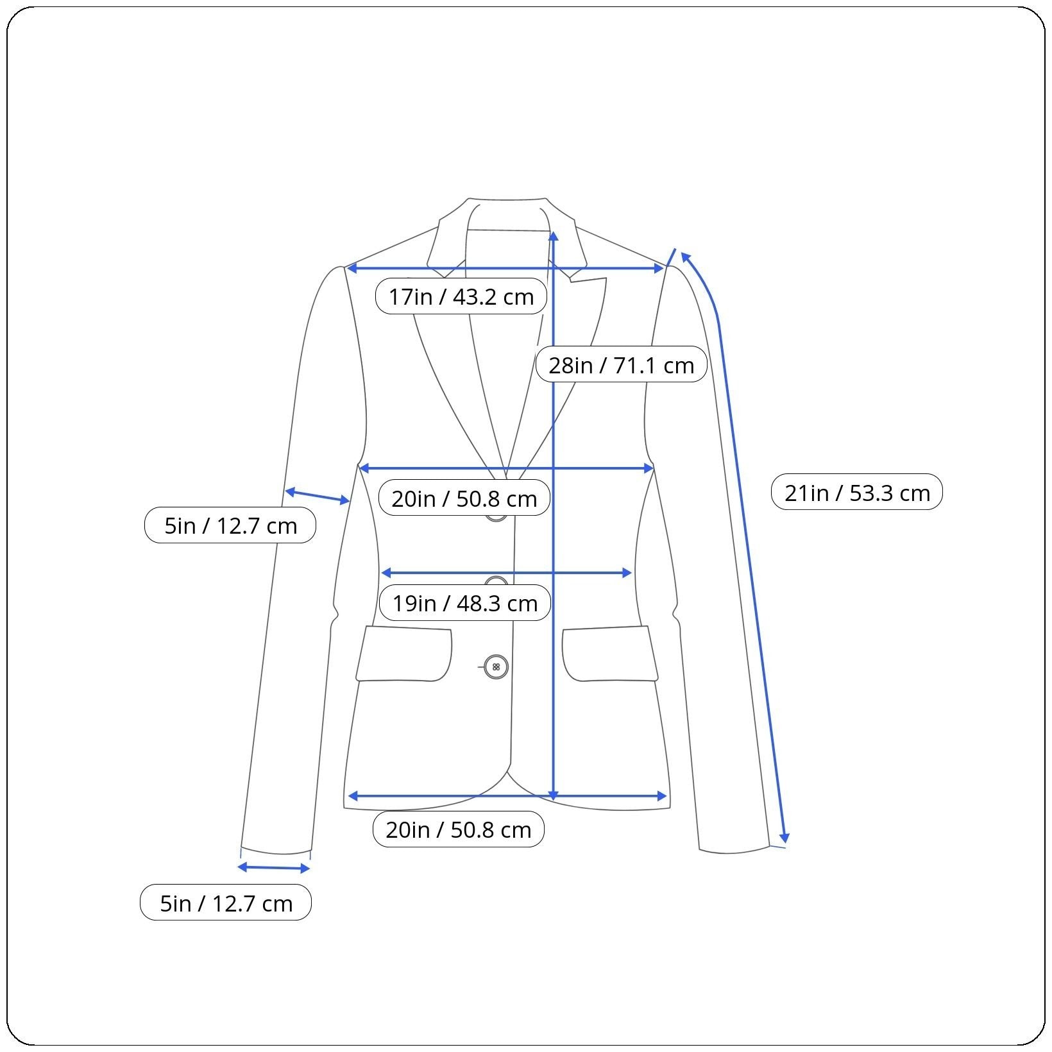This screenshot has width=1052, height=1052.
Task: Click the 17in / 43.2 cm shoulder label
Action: [461, 296]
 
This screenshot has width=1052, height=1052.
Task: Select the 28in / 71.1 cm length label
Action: [621, 365]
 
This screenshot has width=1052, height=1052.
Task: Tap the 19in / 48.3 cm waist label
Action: [464, 603]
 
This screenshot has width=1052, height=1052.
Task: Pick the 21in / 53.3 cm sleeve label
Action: [856, 493]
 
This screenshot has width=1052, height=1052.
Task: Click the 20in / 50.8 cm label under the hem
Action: [458, 829]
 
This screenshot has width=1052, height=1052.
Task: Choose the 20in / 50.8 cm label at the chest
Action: [464, 498]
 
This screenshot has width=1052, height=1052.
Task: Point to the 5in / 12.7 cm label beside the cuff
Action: [226, 903]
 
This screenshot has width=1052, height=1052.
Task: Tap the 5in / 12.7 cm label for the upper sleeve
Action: [230, 525]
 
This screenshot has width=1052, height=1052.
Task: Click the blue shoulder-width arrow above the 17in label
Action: [505, 268]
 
